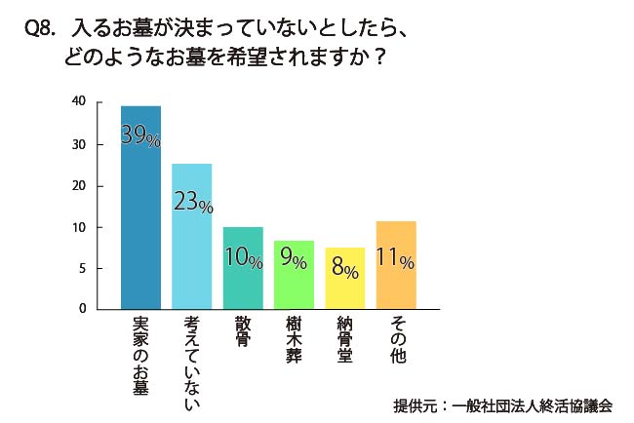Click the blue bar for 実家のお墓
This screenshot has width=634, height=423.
point(140,224)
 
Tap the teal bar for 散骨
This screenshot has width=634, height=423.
point(243,283)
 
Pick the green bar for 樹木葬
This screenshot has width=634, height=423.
point(294,288)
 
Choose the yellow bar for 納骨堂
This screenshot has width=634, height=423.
point(344,289)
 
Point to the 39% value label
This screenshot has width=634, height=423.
point(140,135)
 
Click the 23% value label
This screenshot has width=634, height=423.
point(192,201)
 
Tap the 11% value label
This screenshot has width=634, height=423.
point(395,259)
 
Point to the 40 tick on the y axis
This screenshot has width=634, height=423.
point(79,101)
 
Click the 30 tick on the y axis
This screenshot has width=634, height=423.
point(79,144)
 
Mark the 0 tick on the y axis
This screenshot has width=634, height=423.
point(83,308)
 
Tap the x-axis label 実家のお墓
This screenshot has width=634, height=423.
point(140,355)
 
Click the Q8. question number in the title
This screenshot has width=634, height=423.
point(39,30)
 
